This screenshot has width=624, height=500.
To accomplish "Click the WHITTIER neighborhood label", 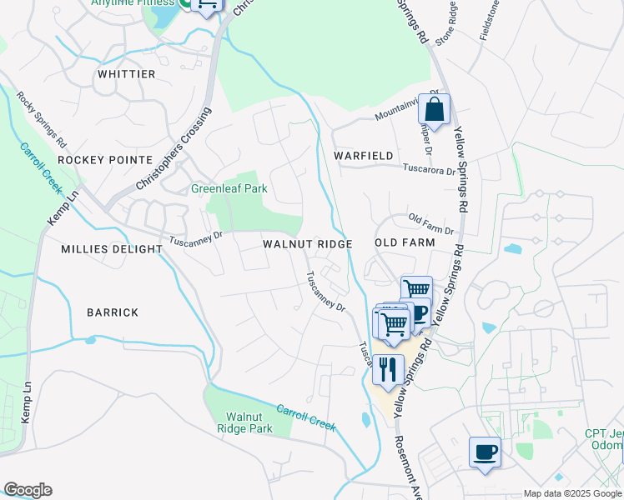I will click(x=126, y=74).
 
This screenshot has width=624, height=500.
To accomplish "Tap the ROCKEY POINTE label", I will click(x=104, y=159).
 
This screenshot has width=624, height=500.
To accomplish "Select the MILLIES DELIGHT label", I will click(x=112, y=249).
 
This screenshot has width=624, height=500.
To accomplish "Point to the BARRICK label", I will click(x=112, y=312).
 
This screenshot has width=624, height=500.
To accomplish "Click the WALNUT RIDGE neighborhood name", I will click(x=308, y=243).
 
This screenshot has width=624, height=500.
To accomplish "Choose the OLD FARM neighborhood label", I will click(x=405, y=242).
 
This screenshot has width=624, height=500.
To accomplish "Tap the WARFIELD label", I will click(x=363, y=156).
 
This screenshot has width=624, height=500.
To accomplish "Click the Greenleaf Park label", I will click(x=229, y=188).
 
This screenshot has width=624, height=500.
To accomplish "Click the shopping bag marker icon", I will click(x=434, y=109).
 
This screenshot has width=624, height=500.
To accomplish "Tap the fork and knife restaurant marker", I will click(x=388, y=368).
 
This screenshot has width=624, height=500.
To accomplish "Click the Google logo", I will click(x=28, y=490).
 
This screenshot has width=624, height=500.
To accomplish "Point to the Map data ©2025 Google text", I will click(x=572, y=493).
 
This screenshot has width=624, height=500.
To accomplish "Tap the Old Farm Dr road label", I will click(x=430, y=223).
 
